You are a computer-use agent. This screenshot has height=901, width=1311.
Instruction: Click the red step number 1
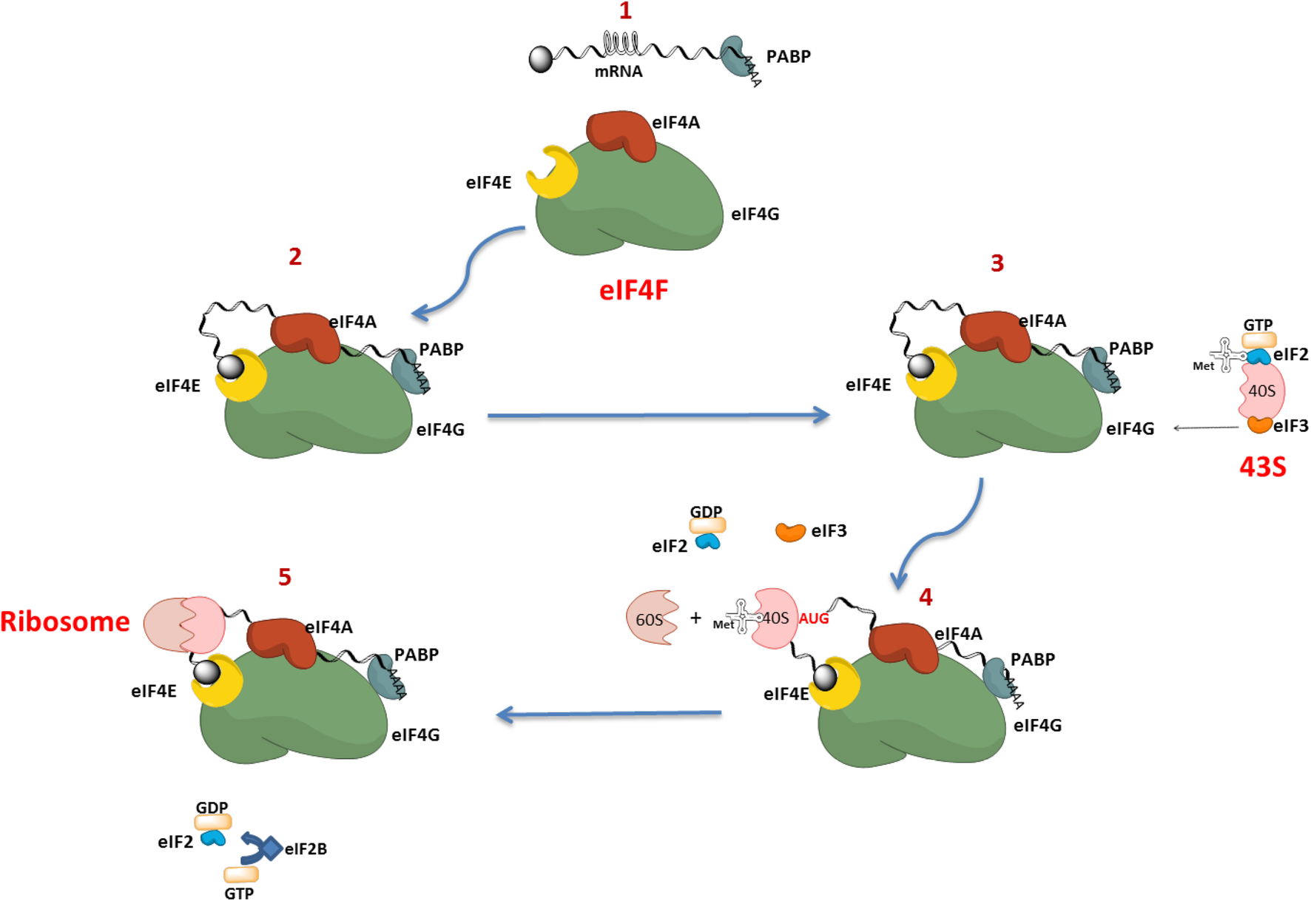point(625,11)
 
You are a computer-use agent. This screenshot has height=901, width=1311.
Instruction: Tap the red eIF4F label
point(633,290)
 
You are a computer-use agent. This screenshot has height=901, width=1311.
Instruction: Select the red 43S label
point(1262,467)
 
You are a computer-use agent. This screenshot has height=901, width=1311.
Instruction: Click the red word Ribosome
point(65,621)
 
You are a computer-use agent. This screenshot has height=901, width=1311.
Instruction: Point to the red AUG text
point(813,618)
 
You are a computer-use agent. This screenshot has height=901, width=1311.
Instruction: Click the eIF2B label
point(306,849)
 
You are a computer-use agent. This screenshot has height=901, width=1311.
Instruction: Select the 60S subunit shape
point(651,618)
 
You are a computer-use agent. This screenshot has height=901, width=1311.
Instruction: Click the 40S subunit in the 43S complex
point(1261,391)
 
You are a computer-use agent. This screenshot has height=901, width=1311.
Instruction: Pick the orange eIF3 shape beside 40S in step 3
point(1259,425)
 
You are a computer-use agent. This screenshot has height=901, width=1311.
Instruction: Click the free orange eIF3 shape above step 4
point(790,532)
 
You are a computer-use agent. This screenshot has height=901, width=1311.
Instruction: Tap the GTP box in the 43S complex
point(1258,340)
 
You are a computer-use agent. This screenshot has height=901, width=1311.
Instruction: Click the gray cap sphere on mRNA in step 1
point(541,59)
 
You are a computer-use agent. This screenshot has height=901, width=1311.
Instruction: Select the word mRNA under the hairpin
point(619,72)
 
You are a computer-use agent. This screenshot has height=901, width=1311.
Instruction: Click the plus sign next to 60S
point(695,618)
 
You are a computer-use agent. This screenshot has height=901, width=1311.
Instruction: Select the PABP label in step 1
point(788,56)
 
